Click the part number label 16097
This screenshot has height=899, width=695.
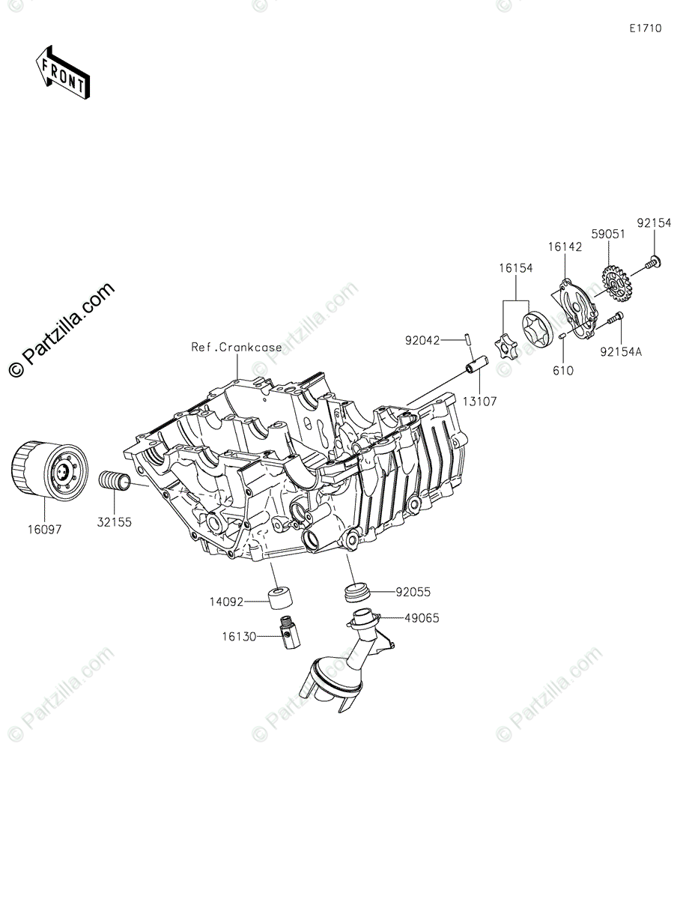[x=46, y=529]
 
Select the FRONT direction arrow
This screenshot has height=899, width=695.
[x=63, y=73]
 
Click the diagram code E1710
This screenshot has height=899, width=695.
[x=645, y=29]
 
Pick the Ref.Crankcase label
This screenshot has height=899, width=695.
[x=237, y=347]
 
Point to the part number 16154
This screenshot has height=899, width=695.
[x=516, y=268]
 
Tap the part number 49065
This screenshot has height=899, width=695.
[x=421, y=618]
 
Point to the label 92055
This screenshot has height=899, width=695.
[x=414, y=591]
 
